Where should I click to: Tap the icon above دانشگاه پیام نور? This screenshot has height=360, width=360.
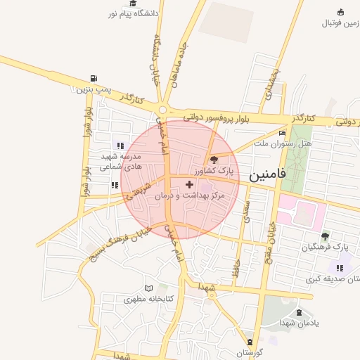pos(133,4)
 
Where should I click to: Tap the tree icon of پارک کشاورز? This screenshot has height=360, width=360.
pos(214,160)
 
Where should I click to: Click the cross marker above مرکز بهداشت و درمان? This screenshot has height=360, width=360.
pos(188,184)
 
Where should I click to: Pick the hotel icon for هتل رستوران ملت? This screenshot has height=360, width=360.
pos(283,133)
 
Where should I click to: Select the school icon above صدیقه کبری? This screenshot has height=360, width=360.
pos(340,268)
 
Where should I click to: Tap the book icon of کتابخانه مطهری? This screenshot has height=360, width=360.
pos(148,288)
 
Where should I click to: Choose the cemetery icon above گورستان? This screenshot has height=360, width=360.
pos(248,342)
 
